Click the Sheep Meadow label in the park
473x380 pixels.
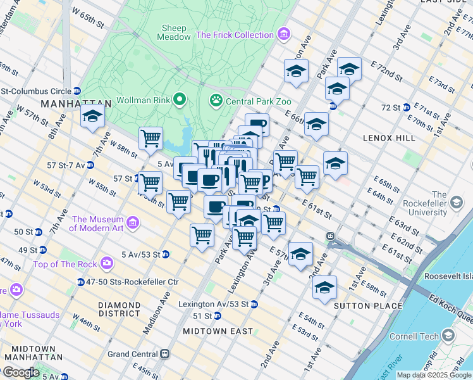[x=176, y=32]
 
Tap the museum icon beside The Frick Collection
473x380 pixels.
[x=284, y=34]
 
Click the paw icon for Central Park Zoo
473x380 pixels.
[x=216, y=99]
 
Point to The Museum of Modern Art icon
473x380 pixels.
[x=133, y=222]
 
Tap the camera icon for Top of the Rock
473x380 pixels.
[x=107, y=262]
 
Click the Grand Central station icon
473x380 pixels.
[x=164, y=353]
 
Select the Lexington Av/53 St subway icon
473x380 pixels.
[x=254, y=304]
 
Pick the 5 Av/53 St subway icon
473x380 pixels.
[x=165, y=255]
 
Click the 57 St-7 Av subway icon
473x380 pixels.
[x=90, y=165]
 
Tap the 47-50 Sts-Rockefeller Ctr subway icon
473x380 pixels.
[x=81, y=282]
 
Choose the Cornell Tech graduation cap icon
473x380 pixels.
[x=448, y=335]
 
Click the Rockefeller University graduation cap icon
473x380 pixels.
[x=455, y=202]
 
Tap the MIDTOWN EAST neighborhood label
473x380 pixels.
[x=218, y=331]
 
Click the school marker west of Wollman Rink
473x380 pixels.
[x=92, y=117]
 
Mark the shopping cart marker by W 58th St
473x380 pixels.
[x=150, y=137]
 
